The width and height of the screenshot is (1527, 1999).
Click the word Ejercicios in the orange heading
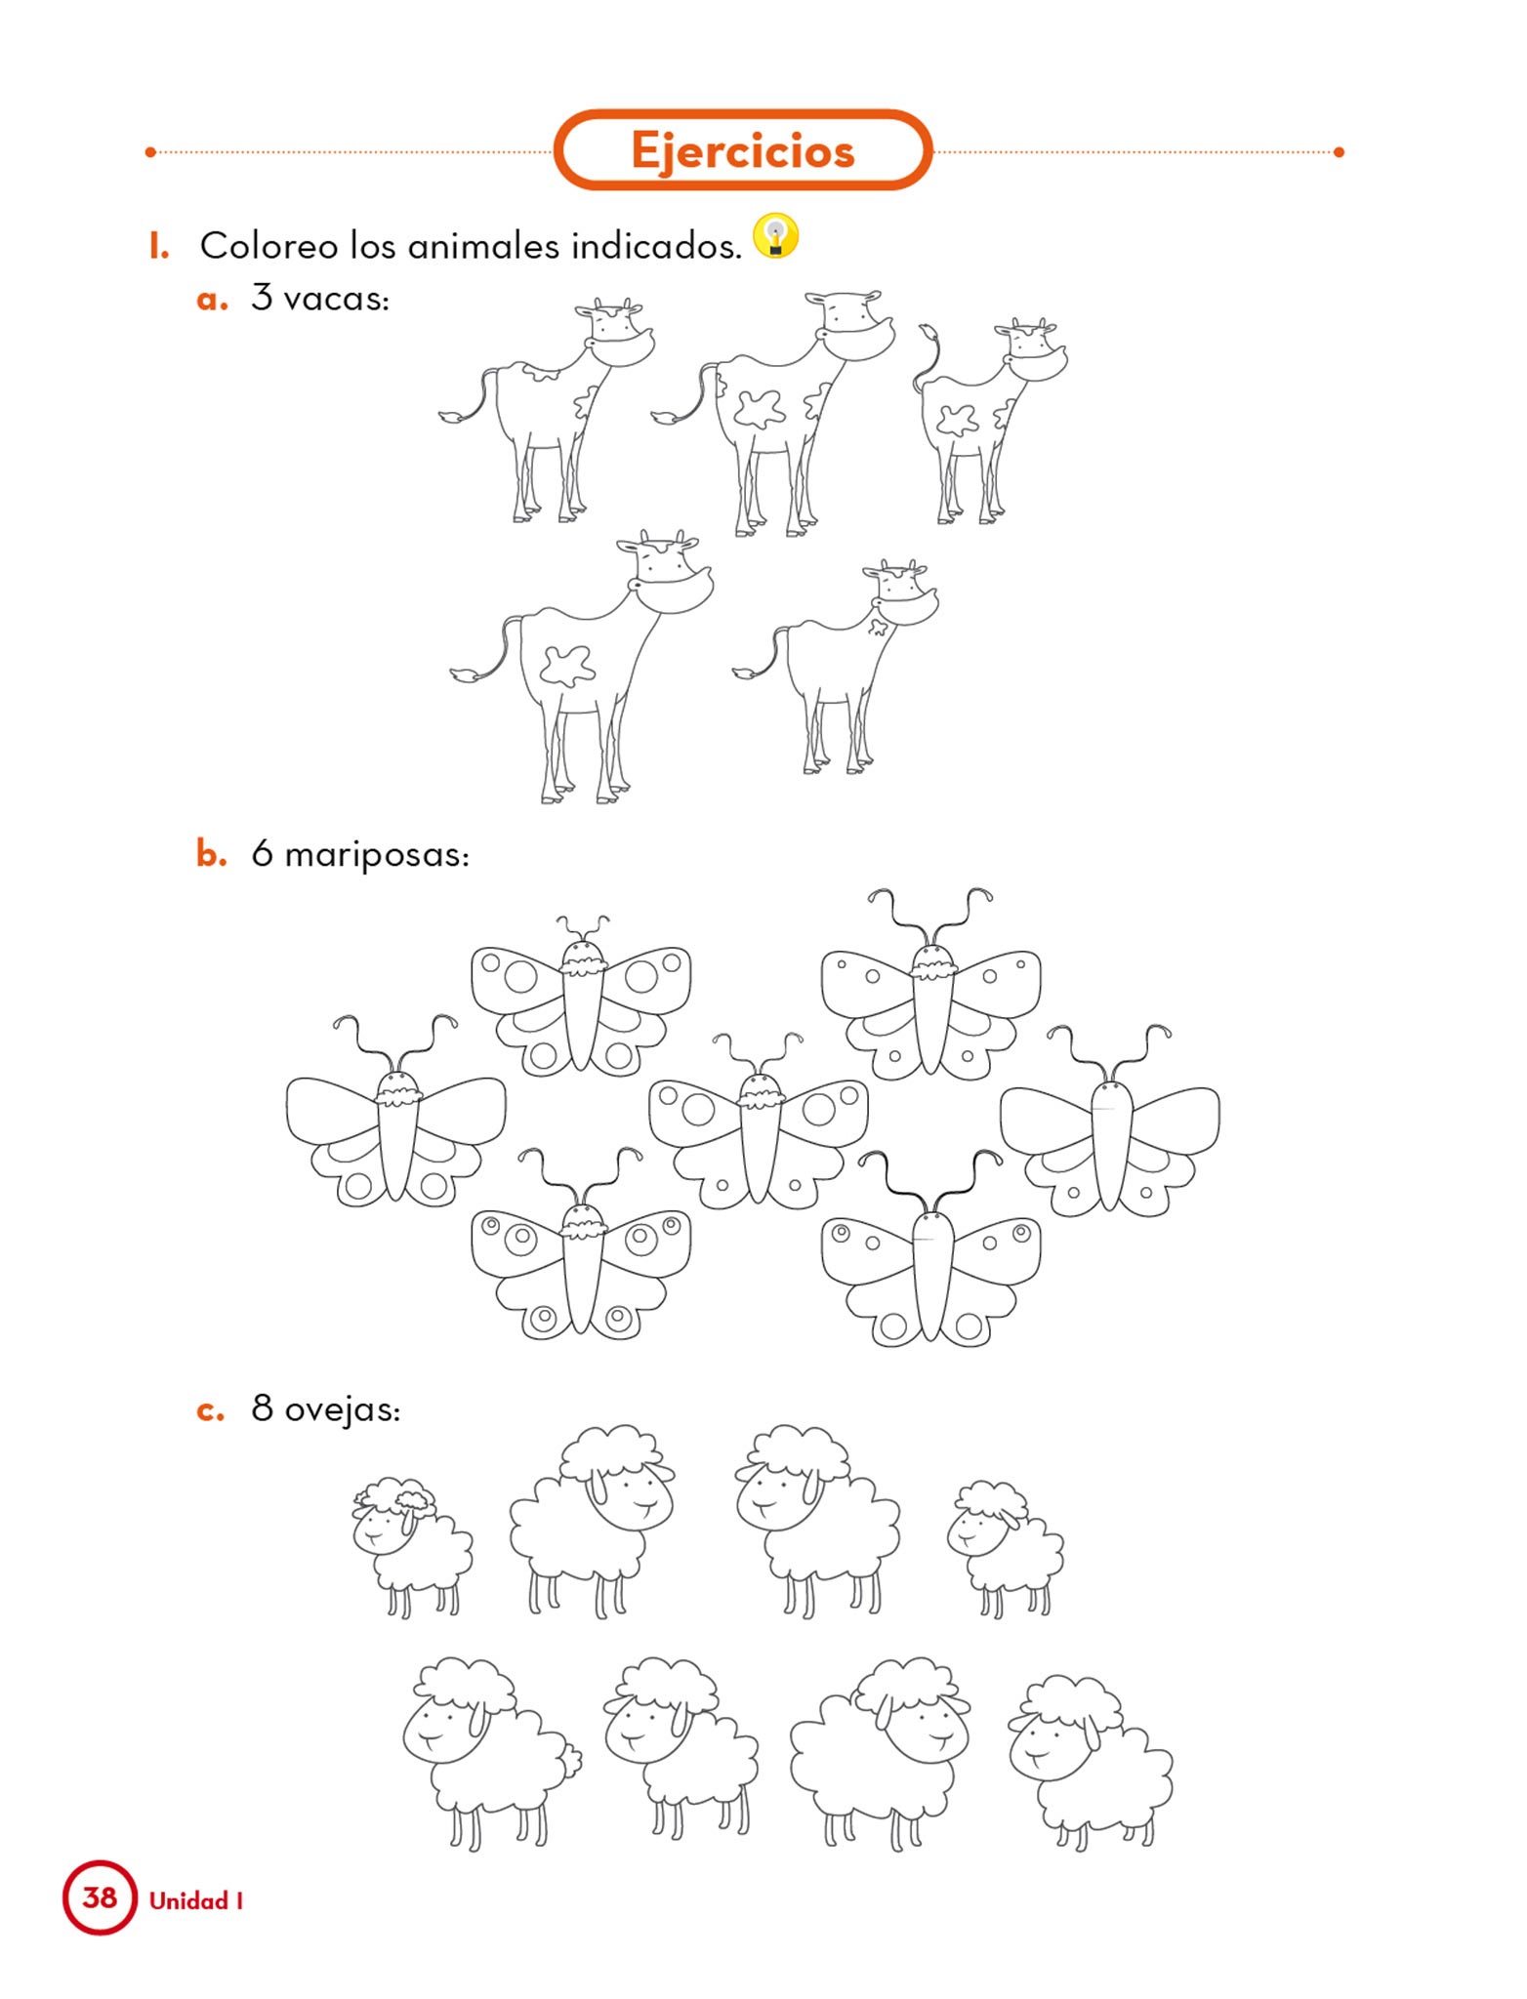[x=742, y=151]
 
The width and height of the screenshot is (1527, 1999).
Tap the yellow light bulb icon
[x=776, y=236]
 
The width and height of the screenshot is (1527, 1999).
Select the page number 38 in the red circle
[x=100, y=1897]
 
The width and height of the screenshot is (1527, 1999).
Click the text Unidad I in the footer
[x=196, y=1899]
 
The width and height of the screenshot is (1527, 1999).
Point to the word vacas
[x=336, y=299]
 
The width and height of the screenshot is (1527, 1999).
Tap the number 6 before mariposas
[x=262, y=853]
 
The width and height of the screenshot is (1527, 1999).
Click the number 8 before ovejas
[x=262, y=1407]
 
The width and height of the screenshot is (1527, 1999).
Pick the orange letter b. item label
[x=211, y=853]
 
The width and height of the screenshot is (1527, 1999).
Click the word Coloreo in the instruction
[x=268, y=246]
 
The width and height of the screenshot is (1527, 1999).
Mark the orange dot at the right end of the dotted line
[x=1339, y=152]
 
